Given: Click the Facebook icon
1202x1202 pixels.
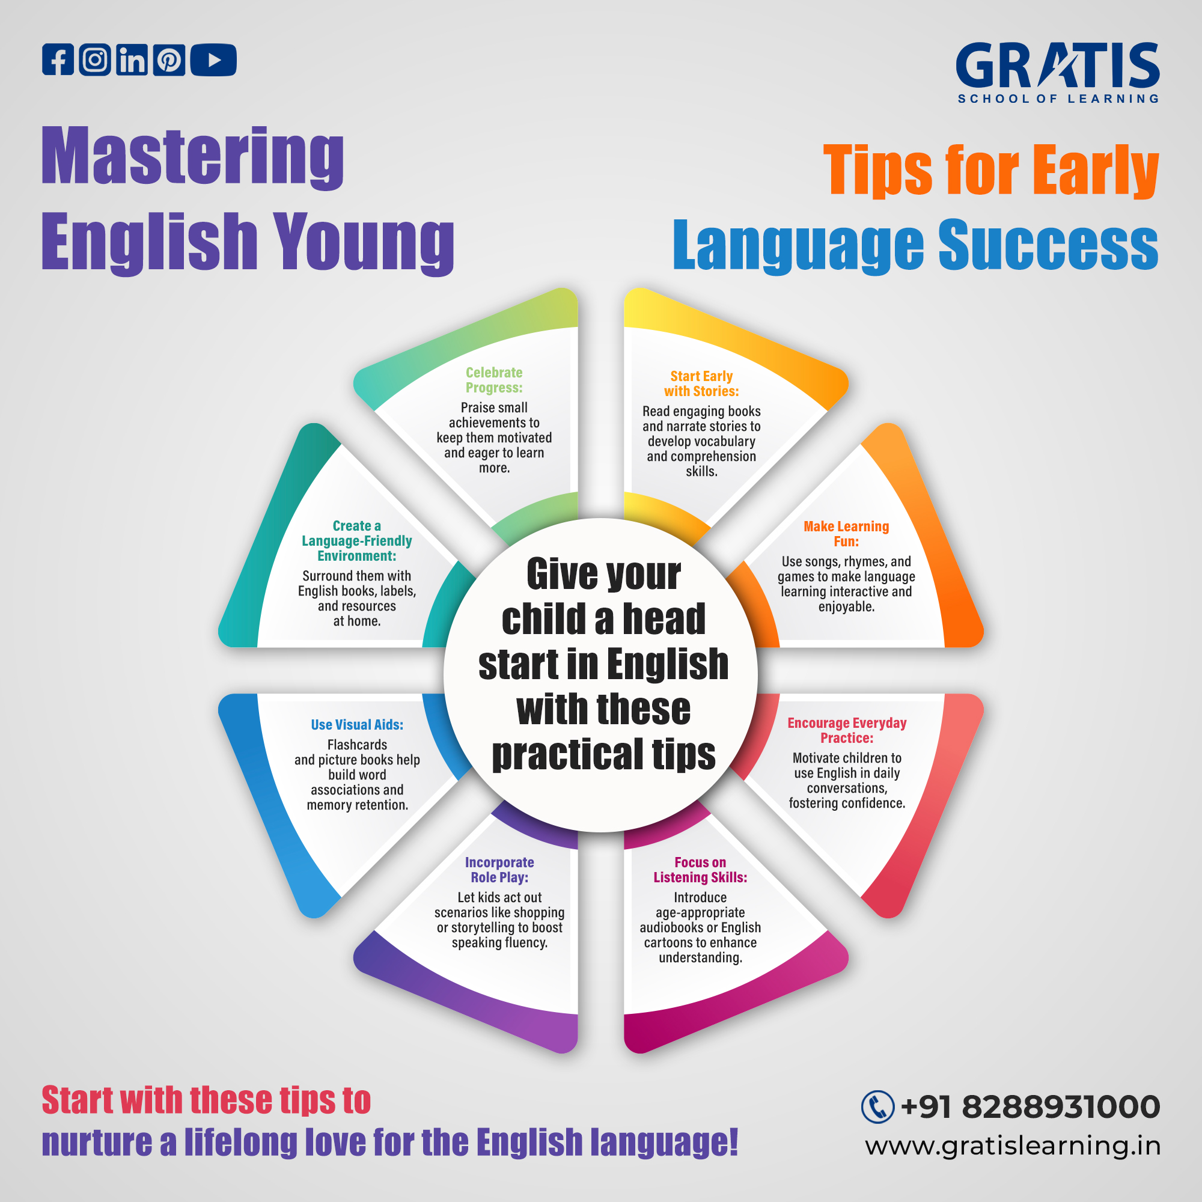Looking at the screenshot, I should pos(58,59).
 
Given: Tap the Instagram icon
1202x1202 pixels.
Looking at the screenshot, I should pos(94,59).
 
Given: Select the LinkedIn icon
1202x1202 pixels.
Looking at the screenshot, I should pos(132,59).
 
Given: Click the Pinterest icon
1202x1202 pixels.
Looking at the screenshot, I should pos(169,59).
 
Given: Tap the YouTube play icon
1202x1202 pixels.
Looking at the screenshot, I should pos(213,59).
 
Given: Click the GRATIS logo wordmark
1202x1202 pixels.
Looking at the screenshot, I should pos(1057,66).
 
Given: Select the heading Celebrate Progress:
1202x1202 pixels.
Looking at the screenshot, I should pos(494,380).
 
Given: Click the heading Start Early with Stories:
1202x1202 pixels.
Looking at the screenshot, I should pos(701,384).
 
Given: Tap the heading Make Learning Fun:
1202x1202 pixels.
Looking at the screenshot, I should pos(846,534).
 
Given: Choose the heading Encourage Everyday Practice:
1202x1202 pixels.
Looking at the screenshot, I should pos(847,730).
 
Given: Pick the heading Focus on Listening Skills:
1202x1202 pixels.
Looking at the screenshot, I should pos(700,870).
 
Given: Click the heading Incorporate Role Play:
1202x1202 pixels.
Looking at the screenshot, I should pos(499,870).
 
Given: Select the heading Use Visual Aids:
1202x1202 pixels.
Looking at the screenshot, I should pos(357,725).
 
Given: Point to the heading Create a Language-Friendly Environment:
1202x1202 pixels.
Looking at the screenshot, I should pos(357,541).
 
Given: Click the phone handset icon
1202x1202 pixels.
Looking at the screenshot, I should pos(877,1108).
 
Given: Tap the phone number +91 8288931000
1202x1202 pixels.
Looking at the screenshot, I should pos(1030,1108).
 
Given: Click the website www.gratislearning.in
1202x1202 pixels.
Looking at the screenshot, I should pos(1013,1146).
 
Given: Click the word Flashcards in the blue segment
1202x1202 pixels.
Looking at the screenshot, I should pos(357,745).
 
